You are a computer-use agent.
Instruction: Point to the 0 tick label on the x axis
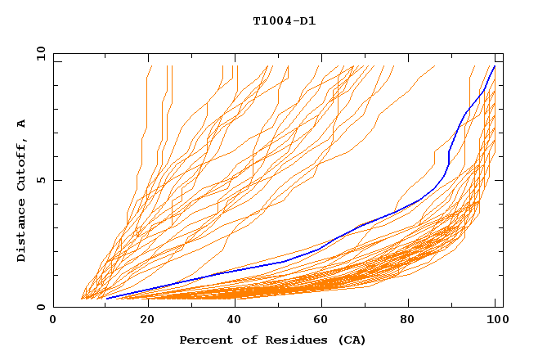[53, 320]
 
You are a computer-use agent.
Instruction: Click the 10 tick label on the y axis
[39, 53]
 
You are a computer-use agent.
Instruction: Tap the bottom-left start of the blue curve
[106, 299]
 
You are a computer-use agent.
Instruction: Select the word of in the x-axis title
[242, 340]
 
